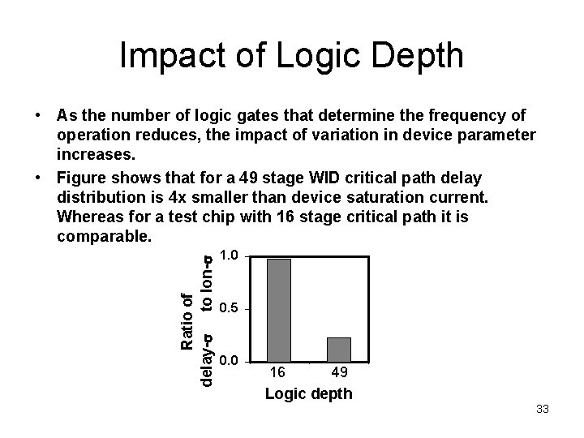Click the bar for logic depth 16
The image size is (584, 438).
pyautogui.click(x=279, y=310)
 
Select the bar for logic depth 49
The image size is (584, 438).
pyautogui.click(x=338, y=349)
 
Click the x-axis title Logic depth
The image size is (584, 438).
pyautogui.click(x=308, y=394)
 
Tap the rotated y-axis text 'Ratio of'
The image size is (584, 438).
pyautogui.click(x=187, y=320)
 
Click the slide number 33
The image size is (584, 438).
pyautogui.click(x=542, y=410)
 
